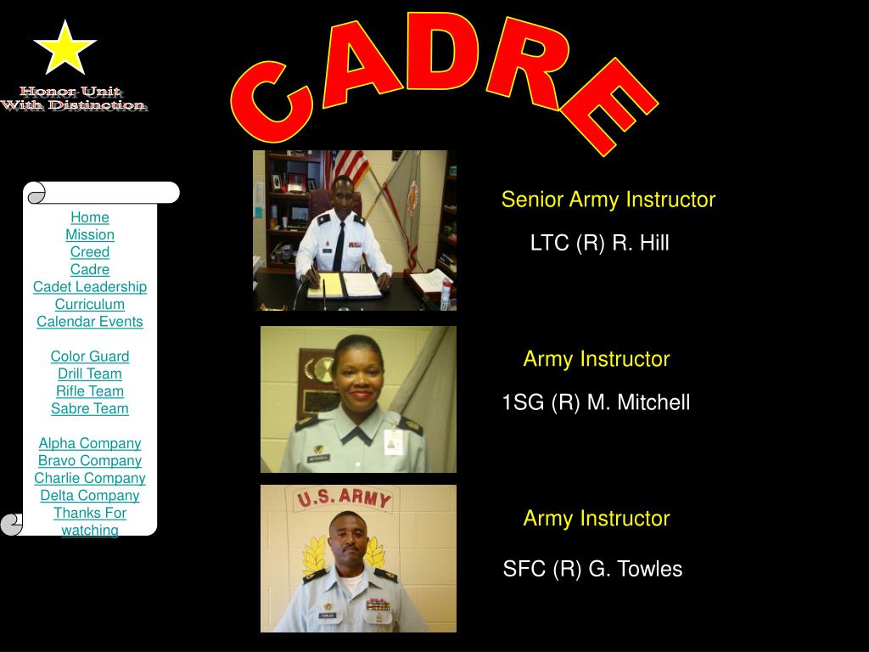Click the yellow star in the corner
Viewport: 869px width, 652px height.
pyautogui.click(x=64, y=48)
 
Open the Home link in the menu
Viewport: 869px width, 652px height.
pyautogui.click(x=90, y=217)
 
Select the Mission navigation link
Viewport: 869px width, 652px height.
pyautogui.click(x=90, y=234)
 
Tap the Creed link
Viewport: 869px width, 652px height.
pyautogui.click(x=90, y=252)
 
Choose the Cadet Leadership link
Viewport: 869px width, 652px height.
pyautogui.click(x=90, y=287)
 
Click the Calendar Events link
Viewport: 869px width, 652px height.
pyautogui.click(x=90, y=322)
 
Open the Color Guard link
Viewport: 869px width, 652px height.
pyautogui.click(x=90, y=357)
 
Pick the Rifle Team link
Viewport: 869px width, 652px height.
pyautogui.click(x=90, y=391)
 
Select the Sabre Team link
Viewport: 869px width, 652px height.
pyautogui.click(x=90, y=408)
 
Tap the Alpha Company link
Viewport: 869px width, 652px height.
pyautogui.click(x=90, y=443)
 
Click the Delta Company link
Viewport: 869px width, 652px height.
pyautogui.click(x=90, y=496)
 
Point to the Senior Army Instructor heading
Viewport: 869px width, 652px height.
pyautogui.click(x=608, y=200)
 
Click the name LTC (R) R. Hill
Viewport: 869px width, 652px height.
pyautogui.click(x=599, y=244)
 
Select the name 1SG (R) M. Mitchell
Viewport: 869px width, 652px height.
pyautogui.click(x=596, y=402)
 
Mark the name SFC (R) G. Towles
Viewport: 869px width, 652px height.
pyautogui.click(x=592, y=569)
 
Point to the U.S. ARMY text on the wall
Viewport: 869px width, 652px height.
pyautogui.click(x=343, y=498)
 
